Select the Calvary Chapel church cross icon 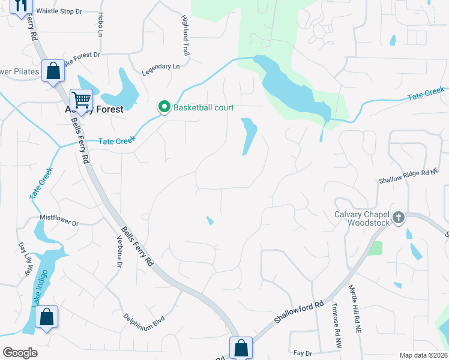399,218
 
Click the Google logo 20,353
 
